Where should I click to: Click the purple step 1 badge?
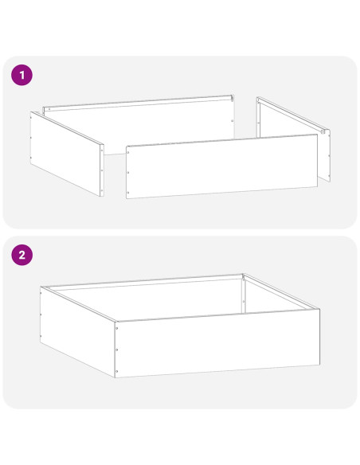[x=22, y=75]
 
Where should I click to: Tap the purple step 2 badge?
[x=22, y=255]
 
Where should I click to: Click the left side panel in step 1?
[x=67, y=154]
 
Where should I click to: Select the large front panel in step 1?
[x=221, y=166]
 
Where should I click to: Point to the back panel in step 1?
[x=139, y=124]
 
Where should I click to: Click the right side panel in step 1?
[x=294, y=139]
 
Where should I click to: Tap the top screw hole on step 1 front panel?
[x=128, y=153]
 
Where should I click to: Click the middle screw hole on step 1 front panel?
[x=128, y=172]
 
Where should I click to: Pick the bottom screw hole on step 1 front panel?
[x=128, y=193]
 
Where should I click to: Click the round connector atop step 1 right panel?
[x=323, y=131]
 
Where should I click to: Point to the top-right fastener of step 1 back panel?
[x=232, y=97]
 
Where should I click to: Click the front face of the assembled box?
[x=217, y=343]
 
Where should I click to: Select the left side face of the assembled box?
[x=77, y=332]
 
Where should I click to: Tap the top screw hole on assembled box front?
[x=116, y=328]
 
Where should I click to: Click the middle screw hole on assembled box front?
[x=116, y=350]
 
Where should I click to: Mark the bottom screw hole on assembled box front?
[x=116, y=371]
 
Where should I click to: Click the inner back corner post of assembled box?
[x=243, y=294]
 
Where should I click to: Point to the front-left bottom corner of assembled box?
[x=115, y=377]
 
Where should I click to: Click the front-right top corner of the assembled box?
[x=319, y=309]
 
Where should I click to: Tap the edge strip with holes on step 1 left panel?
[x=102, y=170]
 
